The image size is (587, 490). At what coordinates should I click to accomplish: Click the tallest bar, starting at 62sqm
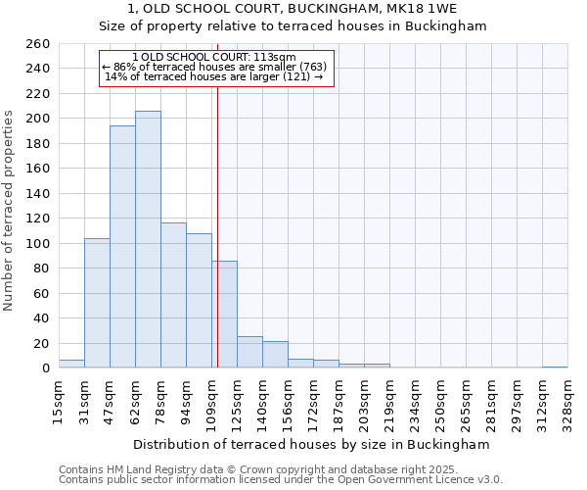(148, 239)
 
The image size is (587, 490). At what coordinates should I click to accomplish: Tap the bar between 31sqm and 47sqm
(97, 303)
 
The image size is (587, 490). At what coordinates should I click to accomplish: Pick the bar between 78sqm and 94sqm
(173, 295)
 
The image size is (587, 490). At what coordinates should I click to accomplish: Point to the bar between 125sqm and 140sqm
(249, 352)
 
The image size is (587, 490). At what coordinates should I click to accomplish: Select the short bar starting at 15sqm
(71, 364)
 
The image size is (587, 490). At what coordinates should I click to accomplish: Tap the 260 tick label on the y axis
(37, 44)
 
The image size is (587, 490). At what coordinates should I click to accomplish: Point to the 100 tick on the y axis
(37, 243)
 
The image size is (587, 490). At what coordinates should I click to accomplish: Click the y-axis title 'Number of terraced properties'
(10, 210)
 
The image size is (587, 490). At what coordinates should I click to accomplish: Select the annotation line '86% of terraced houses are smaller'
(217, 67)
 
